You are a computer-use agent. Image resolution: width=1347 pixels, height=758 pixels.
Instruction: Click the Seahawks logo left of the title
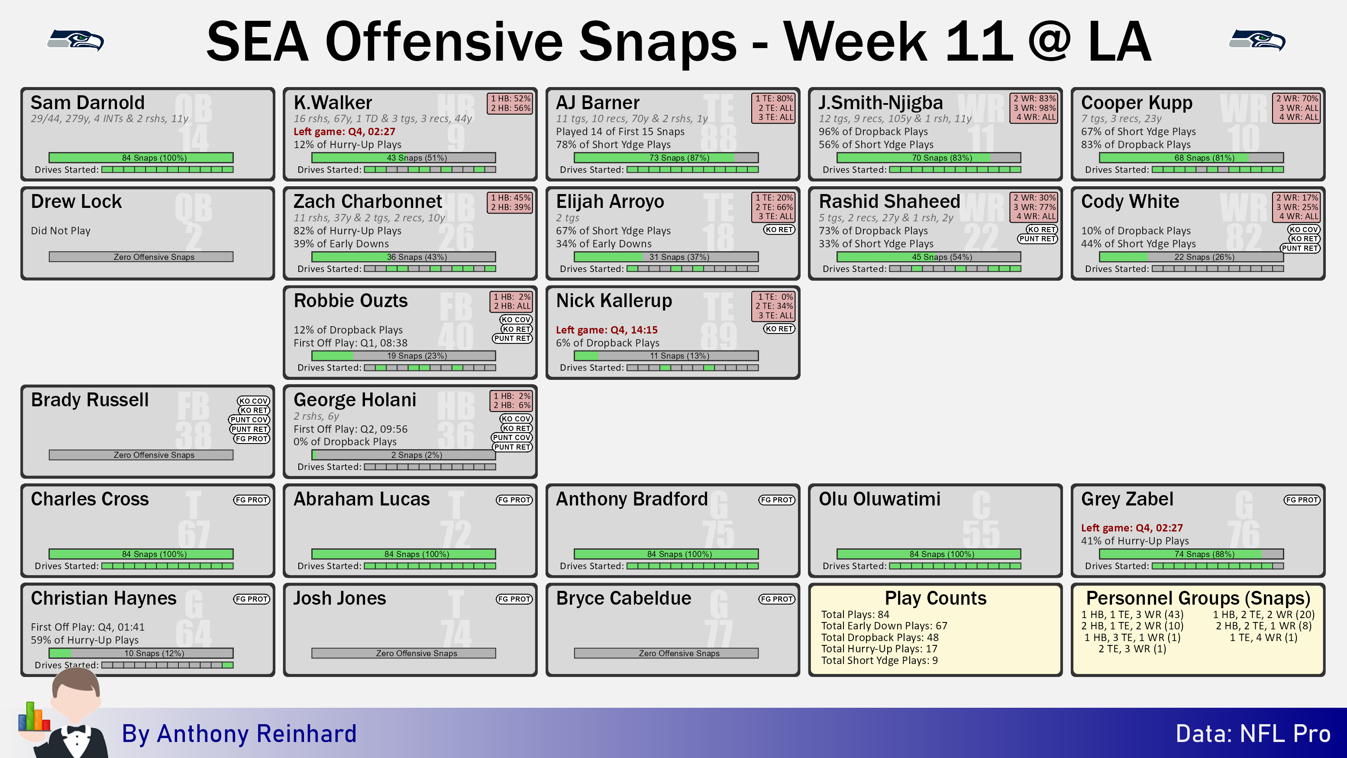click(76, 40)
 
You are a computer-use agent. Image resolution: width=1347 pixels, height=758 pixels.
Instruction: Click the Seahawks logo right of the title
click(1257, 40)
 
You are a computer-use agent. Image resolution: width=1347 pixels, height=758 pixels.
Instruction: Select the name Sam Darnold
click(87, 103)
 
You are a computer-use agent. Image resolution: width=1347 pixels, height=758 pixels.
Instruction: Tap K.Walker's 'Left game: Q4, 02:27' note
click(344, 131)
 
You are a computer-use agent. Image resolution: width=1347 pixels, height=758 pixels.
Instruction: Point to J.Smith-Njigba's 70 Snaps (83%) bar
click(929, 158)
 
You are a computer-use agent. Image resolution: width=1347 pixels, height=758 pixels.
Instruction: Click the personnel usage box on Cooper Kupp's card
click(1296, 108)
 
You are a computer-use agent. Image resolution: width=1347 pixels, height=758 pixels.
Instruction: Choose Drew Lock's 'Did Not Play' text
click(61, 231)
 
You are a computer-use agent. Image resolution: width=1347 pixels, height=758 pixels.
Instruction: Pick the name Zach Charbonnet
click(368, 201)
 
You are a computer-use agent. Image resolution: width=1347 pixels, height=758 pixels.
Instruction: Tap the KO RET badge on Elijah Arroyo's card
click(779, 230)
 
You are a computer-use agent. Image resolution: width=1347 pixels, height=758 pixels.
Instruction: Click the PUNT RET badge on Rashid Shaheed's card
click(1037, 239)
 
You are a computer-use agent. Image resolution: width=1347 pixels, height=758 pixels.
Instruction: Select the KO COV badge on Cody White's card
click(1304, 230)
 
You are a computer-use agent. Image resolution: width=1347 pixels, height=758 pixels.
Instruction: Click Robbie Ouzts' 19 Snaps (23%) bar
click(404, 356)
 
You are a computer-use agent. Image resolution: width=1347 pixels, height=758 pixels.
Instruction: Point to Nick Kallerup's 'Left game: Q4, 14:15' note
click(607, 330)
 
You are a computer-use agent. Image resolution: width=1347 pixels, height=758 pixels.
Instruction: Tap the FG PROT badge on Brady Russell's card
click(252, 439)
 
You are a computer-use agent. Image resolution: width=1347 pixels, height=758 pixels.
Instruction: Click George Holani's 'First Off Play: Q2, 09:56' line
click(350, 429)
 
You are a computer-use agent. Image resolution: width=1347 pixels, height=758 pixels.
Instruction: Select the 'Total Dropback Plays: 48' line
click(879, 637)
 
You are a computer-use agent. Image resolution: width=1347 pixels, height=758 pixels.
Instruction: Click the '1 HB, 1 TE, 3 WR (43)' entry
click(1132, 615)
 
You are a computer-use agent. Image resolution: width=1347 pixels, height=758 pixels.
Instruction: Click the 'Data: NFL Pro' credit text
click(1253, 733)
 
